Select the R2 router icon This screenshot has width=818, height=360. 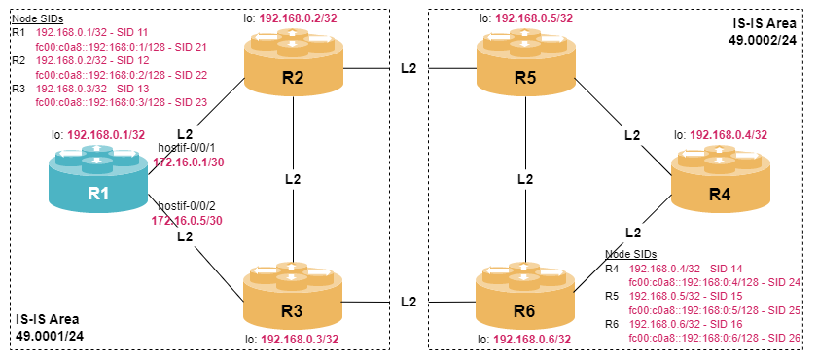tap(293, 61)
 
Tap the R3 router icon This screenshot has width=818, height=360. tap(293, 296)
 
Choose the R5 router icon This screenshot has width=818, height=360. tap(525, 61)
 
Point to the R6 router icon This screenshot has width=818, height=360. tap(525, 296)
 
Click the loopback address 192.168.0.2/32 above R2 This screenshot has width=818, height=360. tap(298, 19)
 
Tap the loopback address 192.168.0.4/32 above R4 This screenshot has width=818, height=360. tap(729, 135)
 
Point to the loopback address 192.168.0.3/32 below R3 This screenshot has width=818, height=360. tap(300, 340)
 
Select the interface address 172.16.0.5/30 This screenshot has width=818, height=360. tap(187, 221)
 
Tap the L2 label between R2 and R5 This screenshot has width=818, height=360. tap(409, 69)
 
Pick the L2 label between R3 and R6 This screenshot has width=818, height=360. tap(409, 302)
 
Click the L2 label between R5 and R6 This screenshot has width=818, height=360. tap(525, 179)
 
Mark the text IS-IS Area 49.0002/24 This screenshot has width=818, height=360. tap(764, 31)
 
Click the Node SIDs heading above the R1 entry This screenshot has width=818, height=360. tap(37, 18)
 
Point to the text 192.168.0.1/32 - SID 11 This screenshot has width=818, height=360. tap(90, 33)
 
